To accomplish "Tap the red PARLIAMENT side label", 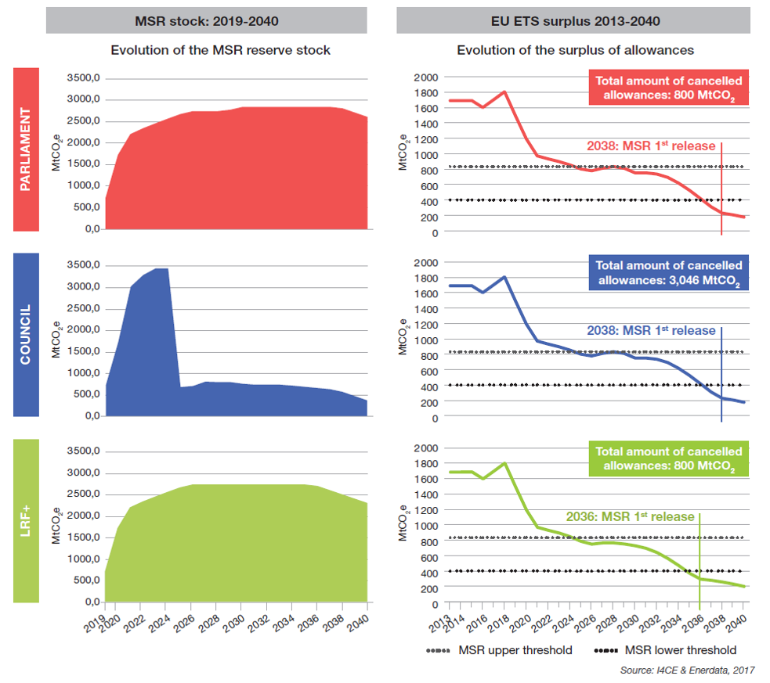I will tap(27, 149).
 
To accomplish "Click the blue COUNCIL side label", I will tap(27, 335).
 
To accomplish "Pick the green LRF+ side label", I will tap(27, 521).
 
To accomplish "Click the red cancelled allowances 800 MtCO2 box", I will tap(668, 88).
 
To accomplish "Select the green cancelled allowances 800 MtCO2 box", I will tap(668, 459).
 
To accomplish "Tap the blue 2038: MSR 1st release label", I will tap(652, 330).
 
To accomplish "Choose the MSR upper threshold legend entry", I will tap(499, 650).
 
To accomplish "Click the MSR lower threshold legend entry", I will tap(664, 650).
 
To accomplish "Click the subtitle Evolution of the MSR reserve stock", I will tap(220, 50).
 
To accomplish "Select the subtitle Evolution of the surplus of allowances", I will tap(575, 50).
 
